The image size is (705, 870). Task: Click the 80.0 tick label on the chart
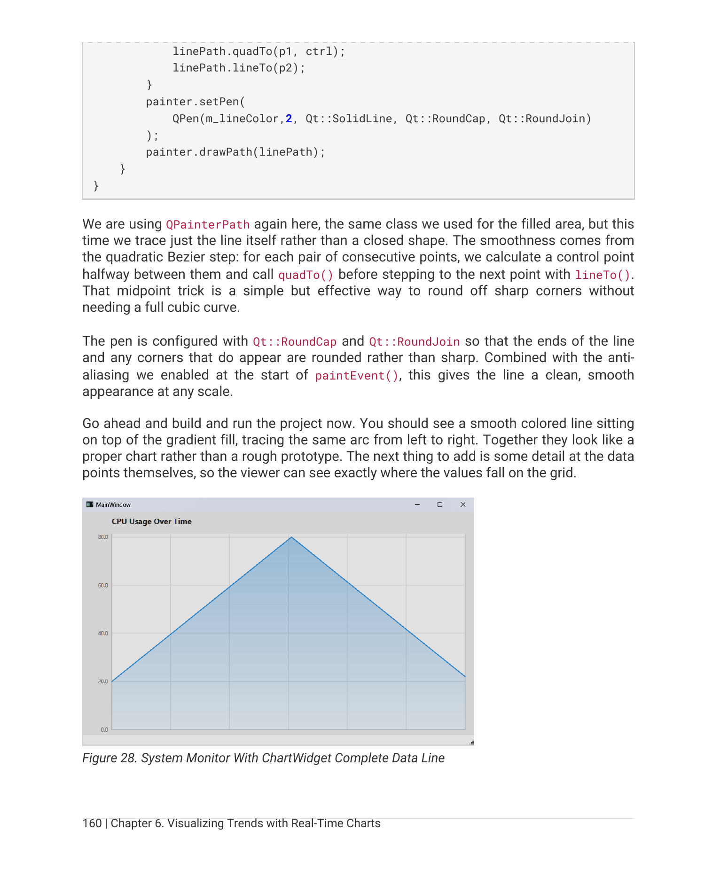point(102,537)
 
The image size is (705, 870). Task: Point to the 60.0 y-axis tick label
point(102,585)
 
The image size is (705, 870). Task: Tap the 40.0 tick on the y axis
point(102,633)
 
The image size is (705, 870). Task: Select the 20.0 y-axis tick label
point(102,681)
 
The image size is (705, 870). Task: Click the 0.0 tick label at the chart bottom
point(104,730)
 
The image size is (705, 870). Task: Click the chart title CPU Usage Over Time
point(151,522)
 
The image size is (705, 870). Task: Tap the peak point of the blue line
point(291,537)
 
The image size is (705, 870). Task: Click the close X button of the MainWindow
point(463,505)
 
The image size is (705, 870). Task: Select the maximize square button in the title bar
point(440,505)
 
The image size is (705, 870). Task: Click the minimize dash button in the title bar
point(417,505)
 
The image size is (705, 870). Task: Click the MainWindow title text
point(113,505)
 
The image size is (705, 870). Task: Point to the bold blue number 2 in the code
point(289,119)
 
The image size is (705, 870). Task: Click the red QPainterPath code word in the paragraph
point(208,225)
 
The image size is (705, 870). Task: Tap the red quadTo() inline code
point(305,275)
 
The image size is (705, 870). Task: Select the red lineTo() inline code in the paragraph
point(603,275)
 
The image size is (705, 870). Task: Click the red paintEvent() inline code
point(357,376)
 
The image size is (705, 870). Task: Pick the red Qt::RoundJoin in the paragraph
point(414,342)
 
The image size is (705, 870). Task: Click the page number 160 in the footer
point(92,823)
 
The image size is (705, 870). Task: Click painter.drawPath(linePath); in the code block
point(235,152)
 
